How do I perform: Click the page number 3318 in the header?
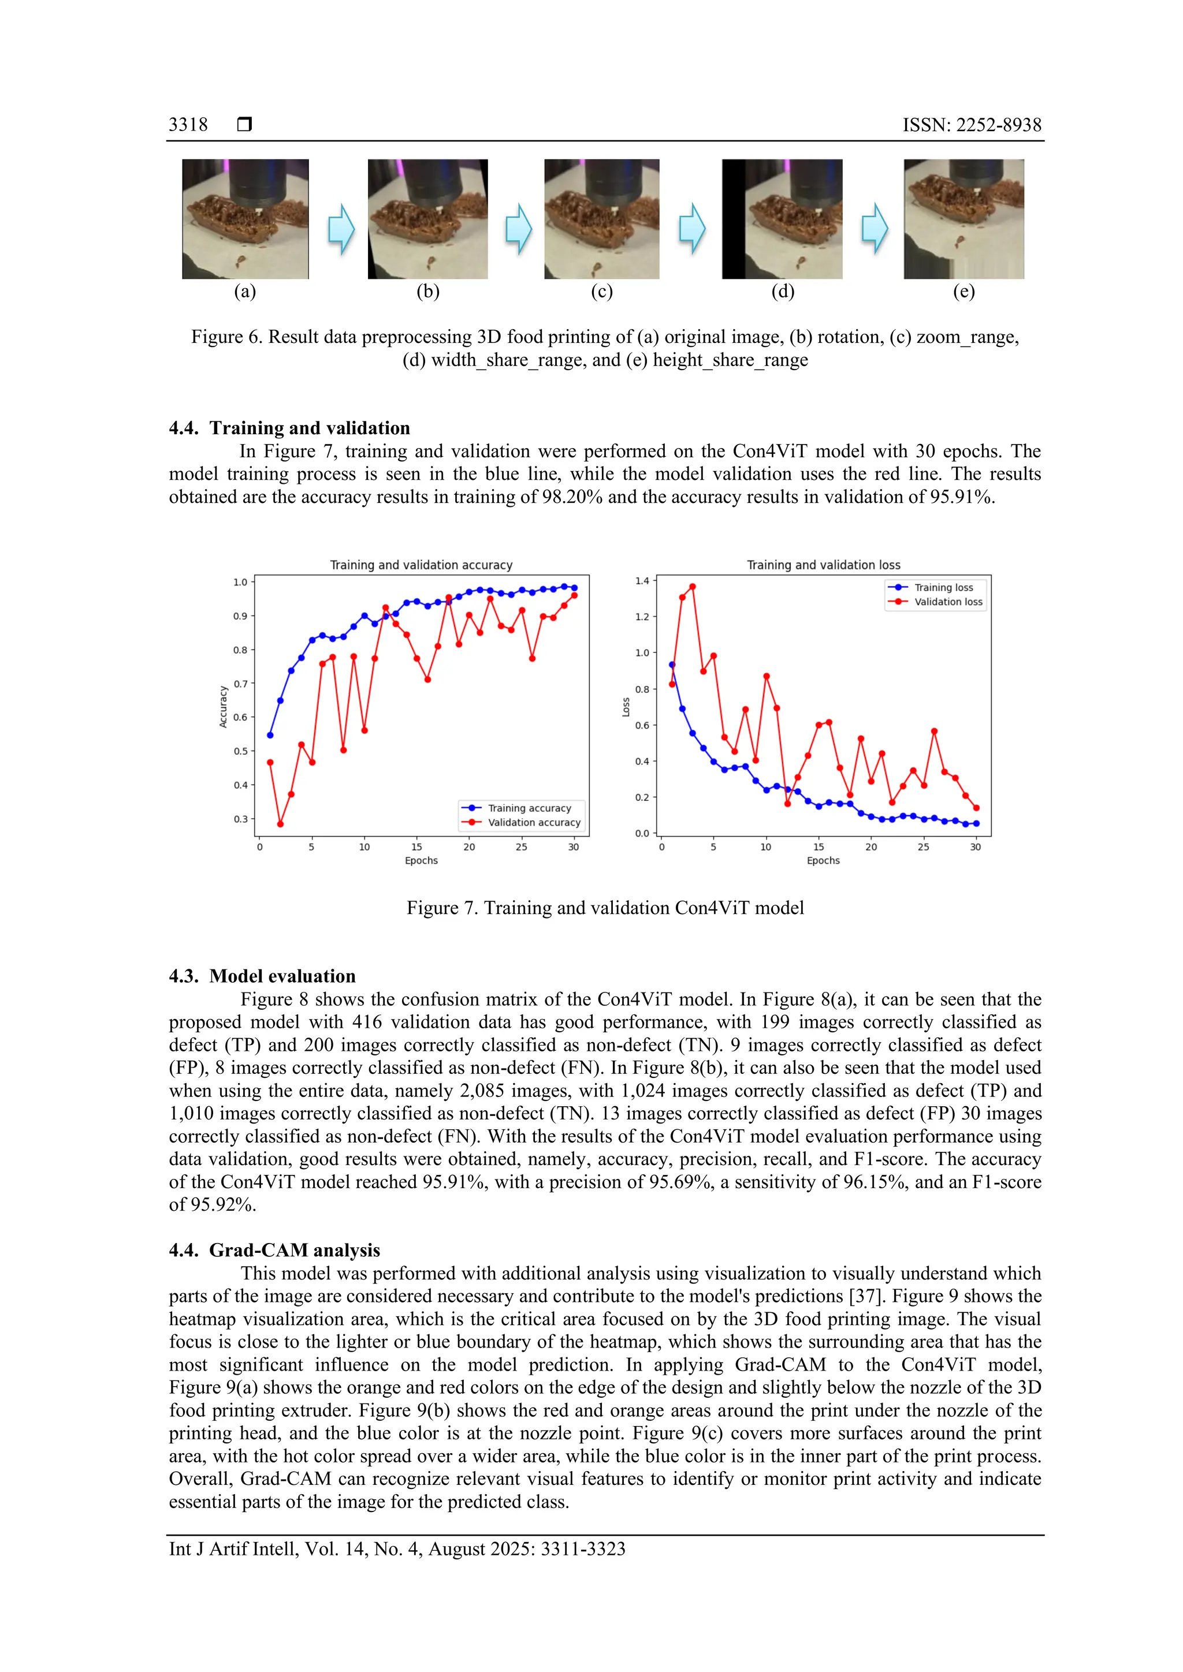click(188, 125)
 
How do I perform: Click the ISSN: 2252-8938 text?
click(972, 125)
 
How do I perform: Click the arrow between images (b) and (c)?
click(519, 228)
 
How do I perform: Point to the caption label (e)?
click(963, 292)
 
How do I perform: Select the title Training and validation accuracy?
click(421, 565)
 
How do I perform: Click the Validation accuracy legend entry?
click(533, 822)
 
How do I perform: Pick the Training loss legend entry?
click(943, 588)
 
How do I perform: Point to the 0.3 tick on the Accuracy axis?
click(240, 819)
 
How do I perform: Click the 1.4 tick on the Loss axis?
click(642, 581)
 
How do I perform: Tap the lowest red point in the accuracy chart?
click(281, 824)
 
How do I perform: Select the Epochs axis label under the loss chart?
click(823, 860)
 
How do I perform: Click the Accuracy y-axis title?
click(224, 706)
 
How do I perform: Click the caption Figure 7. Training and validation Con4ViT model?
click(605, 908)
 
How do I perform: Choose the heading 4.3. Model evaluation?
click(262, 976)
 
